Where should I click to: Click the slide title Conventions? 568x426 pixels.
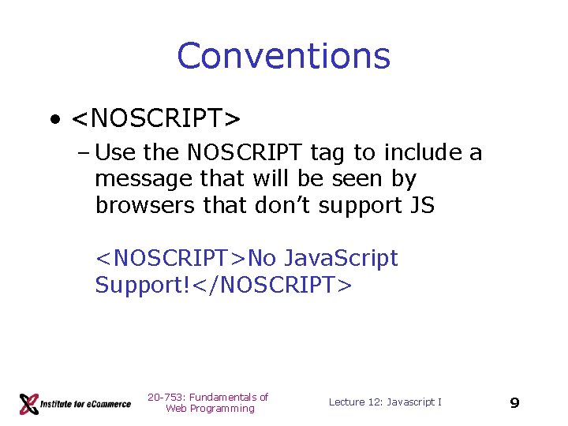coord(284,56)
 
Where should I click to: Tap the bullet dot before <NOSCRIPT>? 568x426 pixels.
coord(54,120)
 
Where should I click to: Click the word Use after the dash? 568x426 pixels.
coord(121,152)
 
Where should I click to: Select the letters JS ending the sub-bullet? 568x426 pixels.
coord(422,205)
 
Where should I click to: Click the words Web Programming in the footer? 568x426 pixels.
coord(210,409)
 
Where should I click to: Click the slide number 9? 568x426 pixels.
coord(514,403)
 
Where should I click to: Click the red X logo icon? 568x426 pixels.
coord(29,404)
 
